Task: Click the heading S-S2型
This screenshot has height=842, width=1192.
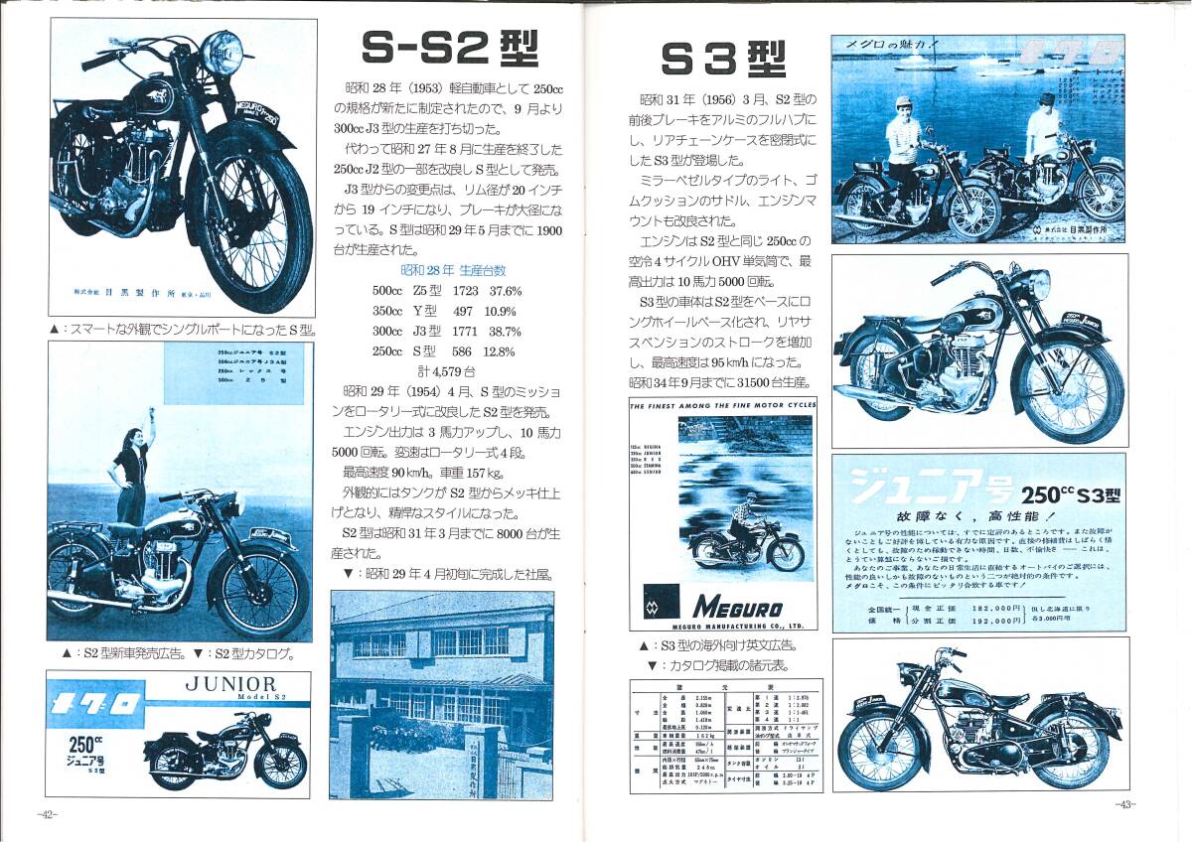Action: tap(449, 48)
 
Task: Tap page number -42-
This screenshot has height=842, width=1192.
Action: tap(48, 814)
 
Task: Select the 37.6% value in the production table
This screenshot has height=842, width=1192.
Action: tap(505, 291)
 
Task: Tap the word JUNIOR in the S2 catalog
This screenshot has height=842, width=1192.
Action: tap(231, 684)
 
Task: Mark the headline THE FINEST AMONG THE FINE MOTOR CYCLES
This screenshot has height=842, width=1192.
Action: tap(723, 405)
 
